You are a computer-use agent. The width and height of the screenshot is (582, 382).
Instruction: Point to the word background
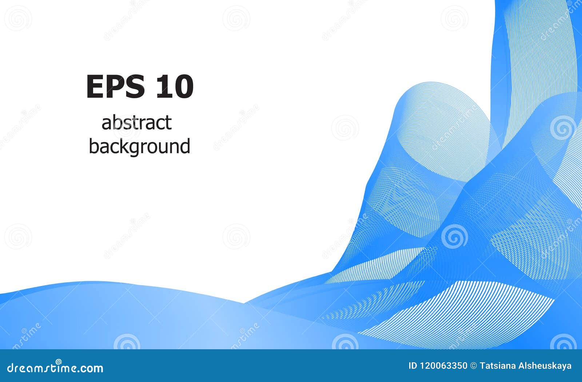[x=140, y=147]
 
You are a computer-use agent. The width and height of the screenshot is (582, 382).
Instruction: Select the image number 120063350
[x=444, y=366]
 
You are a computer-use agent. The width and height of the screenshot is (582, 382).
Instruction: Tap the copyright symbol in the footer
[x=474, y=366]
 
